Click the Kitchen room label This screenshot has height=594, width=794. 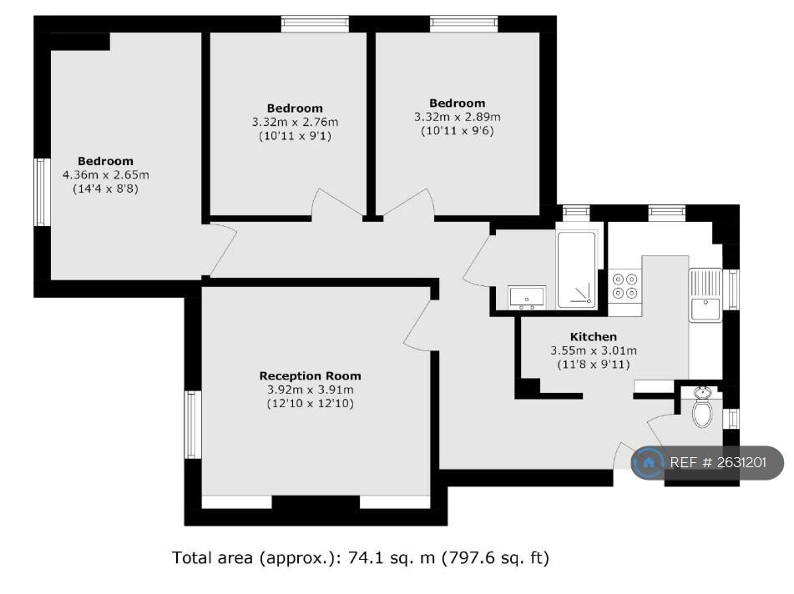(594, 336)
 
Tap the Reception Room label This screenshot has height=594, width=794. (310, 376)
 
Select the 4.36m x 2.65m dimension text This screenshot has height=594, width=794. (106, 175)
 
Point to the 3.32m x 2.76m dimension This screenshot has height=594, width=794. (295, 122)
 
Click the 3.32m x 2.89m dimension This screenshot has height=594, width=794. (458, 117)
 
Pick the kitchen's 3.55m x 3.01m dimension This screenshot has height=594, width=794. (594, 350)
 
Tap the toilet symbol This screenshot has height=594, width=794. (702, 407)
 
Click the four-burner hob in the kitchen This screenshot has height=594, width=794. (625, 286)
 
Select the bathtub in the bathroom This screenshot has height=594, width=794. (576, 269)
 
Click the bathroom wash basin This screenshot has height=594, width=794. (527, 297)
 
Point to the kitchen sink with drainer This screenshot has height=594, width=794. (705, 295)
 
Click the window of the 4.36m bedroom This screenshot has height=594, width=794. (42, 192)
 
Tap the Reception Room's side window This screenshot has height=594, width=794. (192, 425)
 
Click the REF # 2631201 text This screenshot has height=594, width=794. (718, 462)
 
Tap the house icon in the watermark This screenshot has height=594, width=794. (649, 462)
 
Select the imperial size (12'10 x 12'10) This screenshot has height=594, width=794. (310, 404)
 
